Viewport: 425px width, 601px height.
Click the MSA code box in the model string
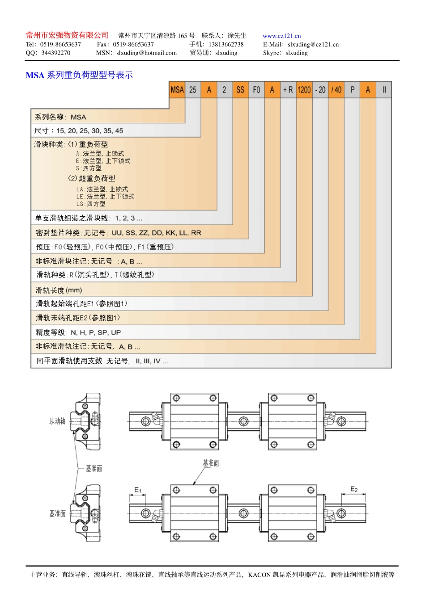[x=177, y=90]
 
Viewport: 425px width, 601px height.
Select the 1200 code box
[x=304, y=90]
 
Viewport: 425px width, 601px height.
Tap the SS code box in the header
[x=240, y=90]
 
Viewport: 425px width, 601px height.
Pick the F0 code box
[x=256, y=90]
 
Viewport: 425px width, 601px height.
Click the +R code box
[x=288, y=90]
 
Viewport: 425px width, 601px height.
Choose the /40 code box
[x=336, y=90]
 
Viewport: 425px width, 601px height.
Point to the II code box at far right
[x=384, y=90]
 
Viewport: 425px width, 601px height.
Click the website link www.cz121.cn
[x=281, y=36]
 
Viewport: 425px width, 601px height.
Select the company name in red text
[x=67, y=35]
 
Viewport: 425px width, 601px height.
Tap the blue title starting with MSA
[x=79, y=75]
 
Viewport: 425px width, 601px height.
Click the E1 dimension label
[x=138, y=490]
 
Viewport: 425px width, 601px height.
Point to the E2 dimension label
[x=354, y=489]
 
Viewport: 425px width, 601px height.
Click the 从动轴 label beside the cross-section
[x=57, y=421]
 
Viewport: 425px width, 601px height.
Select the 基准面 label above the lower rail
[x=211, y=463]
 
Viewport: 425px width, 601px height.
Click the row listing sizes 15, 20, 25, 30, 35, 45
[x=79, y=130]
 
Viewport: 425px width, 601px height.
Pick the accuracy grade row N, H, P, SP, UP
[x=78, y=332]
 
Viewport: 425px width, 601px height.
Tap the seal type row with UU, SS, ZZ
[x=119, y=233]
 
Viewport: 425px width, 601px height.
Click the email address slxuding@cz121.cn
[x=313, y=44]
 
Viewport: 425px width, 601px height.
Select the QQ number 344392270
[x=55, y=53]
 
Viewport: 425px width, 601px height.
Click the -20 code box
[x=320, y=90]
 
